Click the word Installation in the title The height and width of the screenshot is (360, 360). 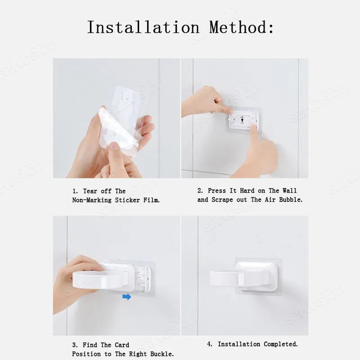coord(143,27)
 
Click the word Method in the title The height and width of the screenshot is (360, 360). coord(238,27)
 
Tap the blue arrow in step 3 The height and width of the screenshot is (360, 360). coord(127,297)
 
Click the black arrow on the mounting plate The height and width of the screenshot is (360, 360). coord(242,120)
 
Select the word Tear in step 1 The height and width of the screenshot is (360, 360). coord(90,191)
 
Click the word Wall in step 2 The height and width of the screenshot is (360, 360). coord(289,190)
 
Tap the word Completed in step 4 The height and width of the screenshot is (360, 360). coord(280,344)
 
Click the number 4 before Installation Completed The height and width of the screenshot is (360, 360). coord(209,344)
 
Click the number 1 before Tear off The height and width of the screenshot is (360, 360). coord(74,191)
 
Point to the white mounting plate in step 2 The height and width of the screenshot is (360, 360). coord(243,120)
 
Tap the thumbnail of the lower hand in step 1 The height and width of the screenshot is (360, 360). coord(114,146)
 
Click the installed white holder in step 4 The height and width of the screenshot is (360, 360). coord(244,277)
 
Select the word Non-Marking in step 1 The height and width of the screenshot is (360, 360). coord(92,200)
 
